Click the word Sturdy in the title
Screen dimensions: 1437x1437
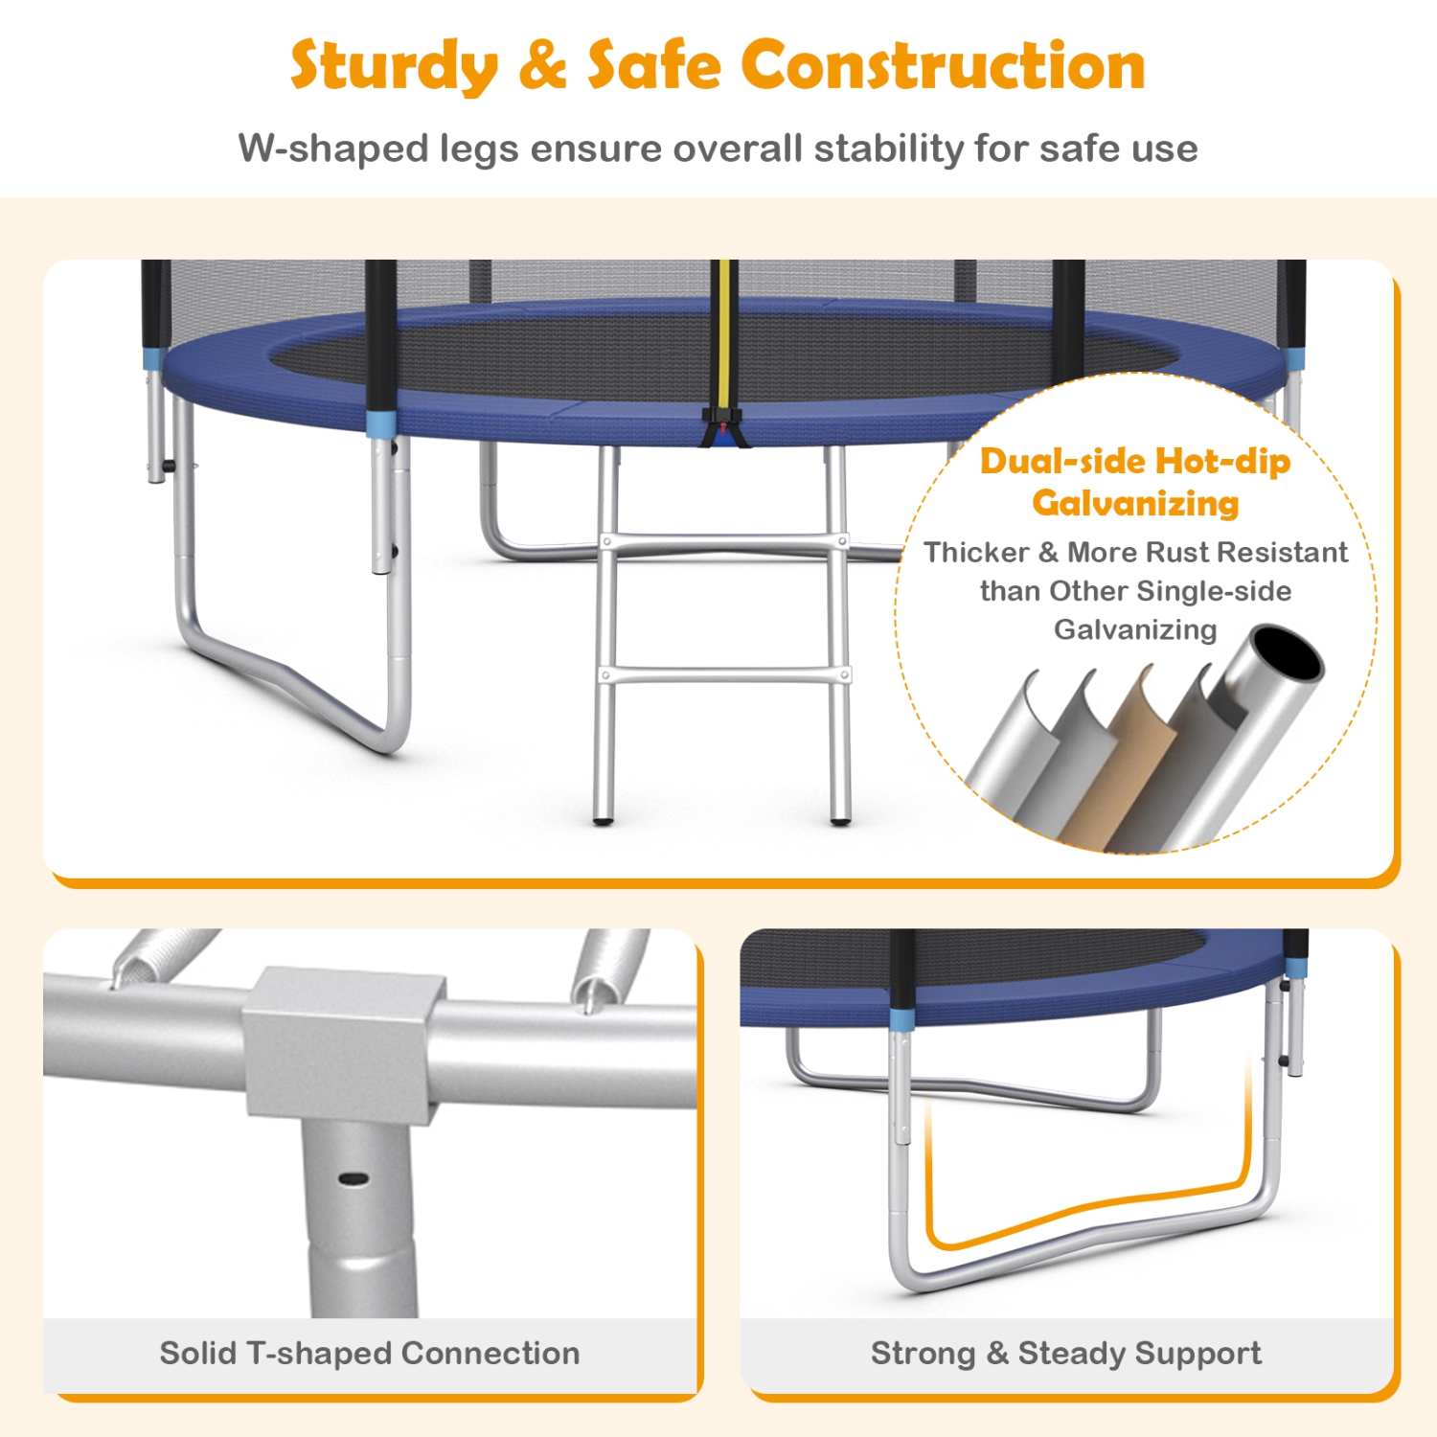click(395, 67)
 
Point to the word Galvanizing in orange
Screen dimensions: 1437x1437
click(1135, 503)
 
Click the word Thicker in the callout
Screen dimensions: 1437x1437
click(977, 552)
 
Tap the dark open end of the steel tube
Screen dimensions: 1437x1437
click(1288, 655)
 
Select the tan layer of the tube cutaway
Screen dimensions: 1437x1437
click(1135, 757)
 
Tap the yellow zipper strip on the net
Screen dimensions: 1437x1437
click(724, 335)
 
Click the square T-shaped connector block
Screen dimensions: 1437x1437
click(343, 1043)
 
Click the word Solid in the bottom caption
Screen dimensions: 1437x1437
click(198, 1353)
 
